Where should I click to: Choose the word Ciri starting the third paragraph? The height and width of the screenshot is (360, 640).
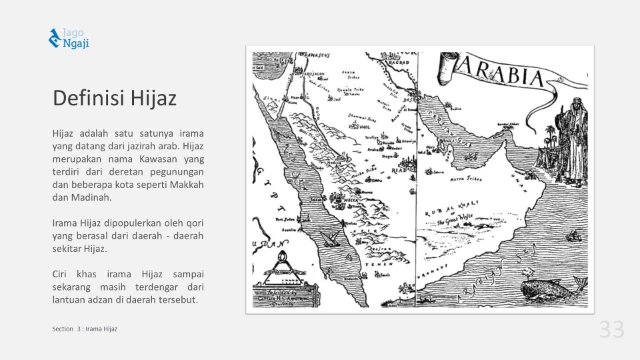click(x=61, y=273)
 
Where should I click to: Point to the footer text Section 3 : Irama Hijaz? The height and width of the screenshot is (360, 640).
click(x=85, y=328)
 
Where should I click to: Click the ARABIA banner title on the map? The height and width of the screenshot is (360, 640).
click(x=499, y=74)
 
